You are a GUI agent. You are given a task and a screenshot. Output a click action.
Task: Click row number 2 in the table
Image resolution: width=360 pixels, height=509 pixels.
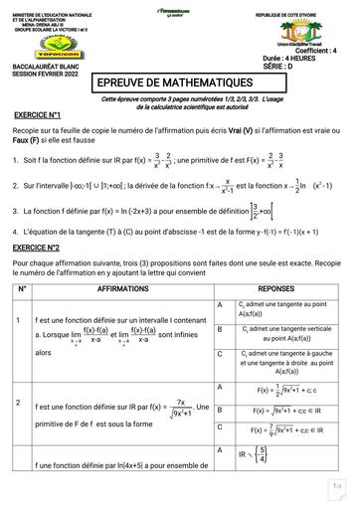[x=19, y=402]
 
